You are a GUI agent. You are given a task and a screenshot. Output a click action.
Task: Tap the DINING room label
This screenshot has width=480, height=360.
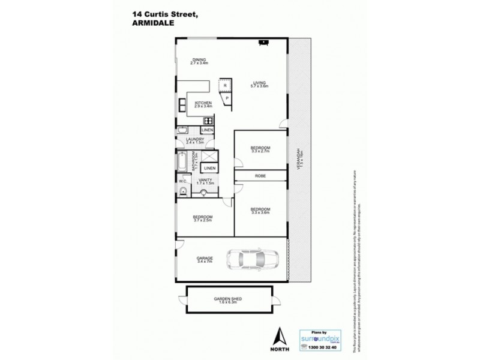pyautogui.click(x=199, y=59)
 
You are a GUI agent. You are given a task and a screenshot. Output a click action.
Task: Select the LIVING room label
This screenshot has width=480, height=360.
pyautogui.click(x=259, y=83)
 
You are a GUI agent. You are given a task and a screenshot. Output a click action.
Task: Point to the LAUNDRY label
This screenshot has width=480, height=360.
pyautogui.click(x=196, y=139)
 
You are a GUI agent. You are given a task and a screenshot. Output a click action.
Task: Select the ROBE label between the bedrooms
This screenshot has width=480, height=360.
pyautogui.click(x=260, y=176)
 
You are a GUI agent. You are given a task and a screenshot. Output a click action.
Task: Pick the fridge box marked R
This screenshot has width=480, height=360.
pyautogui.click(x=225, y=86)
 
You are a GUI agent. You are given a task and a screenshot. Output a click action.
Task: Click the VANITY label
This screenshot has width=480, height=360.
pyautogui.click(x=204, y=179)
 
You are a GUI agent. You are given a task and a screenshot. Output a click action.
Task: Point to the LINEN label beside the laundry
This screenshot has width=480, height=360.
pyautogui.click(x=207, y=130)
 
